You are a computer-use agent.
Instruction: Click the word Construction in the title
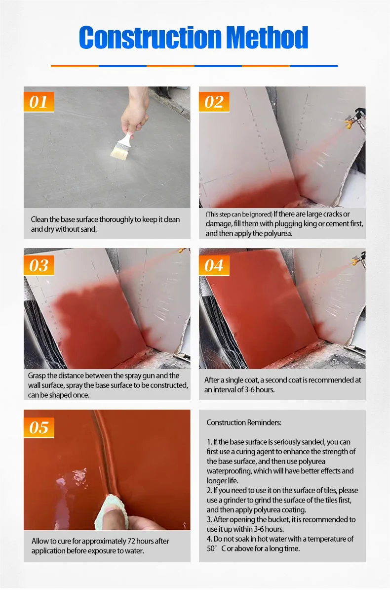pos(150,38)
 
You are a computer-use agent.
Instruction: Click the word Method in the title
pos(267,38)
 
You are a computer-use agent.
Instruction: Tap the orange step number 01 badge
pos(39,102)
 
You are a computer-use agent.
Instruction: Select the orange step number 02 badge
pos(214,102)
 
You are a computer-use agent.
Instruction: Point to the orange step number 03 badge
pos(39,266)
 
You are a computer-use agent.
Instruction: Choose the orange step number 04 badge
pos(214,266)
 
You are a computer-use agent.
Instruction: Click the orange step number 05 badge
pos(39,427)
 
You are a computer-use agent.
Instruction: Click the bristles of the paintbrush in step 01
pos(119,152)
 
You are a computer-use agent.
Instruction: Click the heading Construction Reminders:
pos(244,422)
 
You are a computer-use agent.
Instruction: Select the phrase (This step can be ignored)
pos(239,214)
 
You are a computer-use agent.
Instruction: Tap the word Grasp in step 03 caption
pos(37,376)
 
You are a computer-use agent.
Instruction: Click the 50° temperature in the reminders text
pos(212,548)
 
